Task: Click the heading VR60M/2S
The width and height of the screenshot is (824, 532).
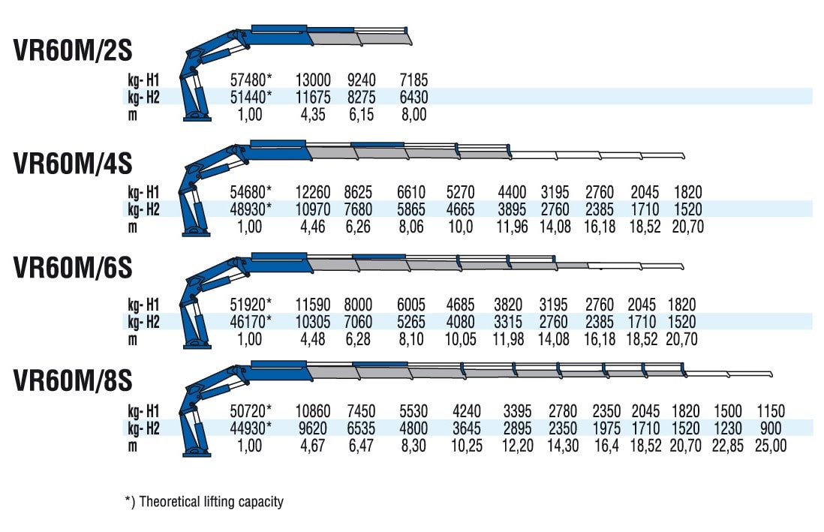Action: (x=73, y=50)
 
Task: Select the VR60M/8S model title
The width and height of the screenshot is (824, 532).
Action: (x=73, y=380)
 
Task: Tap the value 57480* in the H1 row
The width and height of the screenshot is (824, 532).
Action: (x=251, y=80)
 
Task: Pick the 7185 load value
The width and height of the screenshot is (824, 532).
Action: (x=414, y=80)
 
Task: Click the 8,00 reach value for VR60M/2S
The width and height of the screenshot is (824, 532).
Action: (x=414, y=115)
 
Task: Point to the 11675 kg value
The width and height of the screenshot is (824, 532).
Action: (x=313, y=98)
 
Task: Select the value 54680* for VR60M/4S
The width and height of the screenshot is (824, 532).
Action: (x=251, y=192)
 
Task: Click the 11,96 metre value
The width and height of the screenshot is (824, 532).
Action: (x=512, y=227)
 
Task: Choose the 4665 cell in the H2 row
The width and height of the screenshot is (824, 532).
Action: (x=460, y=209)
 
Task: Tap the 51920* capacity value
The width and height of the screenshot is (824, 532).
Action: (x=251, y=305)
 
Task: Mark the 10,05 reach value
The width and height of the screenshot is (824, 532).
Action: (x=460, y=339)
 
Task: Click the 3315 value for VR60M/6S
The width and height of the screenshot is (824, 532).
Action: (x=508, y=322)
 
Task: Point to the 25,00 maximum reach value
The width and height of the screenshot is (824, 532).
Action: (x=771, y=446)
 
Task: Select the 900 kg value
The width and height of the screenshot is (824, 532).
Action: (x=771, y=428)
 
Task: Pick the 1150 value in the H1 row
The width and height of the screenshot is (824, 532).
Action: (x=771, y=411)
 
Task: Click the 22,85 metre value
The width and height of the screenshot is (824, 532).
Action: (x=728, y=446)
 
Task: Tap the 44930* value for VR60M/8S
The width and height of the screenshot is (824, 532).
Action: (x=251, y=428)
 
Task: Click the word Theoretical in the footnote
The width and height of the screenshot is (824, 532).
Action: (x=170, y=501)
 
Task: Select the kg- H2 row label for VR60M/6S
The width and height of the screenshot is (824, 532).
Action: (x=143, y=322)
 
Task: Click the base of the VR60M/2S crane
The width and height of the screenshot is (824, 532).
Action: (x=197, y=117)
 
